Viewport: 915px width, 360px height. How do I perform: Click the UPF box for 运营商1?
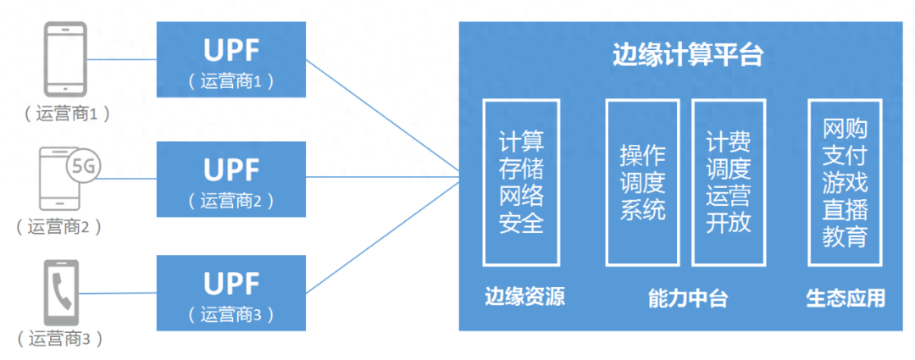pos(231,59)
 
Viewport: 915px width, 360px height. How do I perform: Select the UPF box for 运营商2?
pos(231,179)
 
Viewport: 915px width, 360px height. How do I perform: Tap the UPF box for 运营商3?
pos(231,293)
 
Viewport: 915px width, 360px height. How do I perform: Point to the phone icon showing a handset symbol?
pos(62,292)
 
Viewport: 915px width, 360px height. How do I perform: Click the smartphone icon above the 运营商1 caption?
pos(65,59)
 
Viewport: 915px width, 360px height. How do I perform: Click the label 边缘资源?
pos(524,297)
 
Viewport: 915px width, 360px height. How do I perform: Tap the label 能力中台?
pos(688,298)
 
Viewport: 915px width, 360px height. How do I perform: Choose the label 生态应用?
pos(846,297)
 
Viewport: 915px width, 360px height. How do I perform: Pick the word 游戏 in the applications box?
pos(846,183)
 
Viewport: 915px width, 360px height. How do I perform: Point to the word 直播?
pos(846,209)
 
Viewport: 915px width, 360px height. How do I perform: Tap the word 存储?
pos(521,169)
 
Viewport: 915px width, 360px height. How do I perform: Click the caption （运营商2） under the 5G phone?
pos(59,226)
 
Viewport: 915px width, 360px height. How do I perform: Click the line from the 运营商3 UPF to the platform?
pos(382,236)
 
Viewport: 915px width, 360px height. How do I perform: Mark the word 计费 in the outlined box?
pos(729,142)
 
